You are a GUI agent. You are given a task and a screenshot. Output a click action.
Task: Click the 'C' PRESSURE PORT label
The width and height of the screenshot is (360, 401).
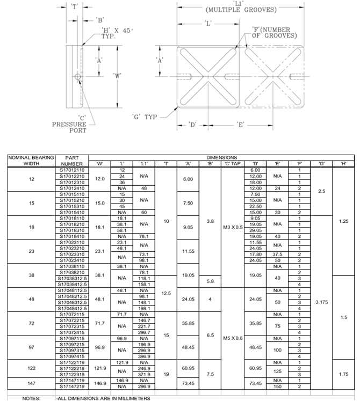click(69, 124)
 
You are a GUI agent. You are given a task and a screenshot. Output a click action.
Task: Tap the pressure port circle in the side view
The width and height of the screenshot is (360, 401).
click(79, 77)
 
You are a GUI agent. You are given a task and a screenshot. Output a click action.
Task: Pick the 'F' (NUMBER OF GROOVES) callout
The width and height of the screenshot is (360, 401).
click(275, 32)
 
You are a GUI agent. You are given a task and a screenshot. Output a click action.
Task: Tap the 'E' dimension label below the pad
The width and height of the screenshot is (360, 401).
click(241, 125)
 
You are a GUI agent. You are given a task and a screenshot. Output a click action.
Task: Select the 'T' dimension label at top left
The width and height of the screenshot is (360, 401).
click(75, 6)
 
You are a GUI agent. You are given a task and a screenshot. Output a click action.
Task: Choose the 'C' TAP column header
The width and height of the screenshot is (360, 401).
click(233, 163)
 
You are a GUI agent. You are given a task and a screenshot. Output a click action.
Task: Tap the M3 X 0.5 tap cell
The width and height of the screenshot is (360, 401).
click(233, 227)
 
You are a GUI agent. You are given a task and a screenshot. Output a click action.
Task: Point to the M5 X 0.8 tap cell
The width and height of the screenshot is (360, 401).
click(233, 338)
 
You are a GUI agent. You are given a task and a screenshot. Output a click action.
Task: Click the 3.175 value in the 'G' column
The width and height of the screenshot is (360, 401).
click(321, 302)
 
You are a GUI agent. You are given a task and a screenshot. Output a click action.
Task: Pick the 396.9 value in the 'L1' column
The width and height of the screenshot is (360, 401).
click(144, 356)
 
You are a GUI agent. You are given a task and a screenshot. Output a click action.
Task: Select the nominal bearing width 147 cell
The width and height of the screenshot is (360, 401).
click(31, 383)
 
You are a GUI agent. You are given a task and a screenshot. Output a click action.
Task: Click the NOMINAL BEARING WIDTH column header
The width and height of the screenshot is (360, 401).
click(31, 160)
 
